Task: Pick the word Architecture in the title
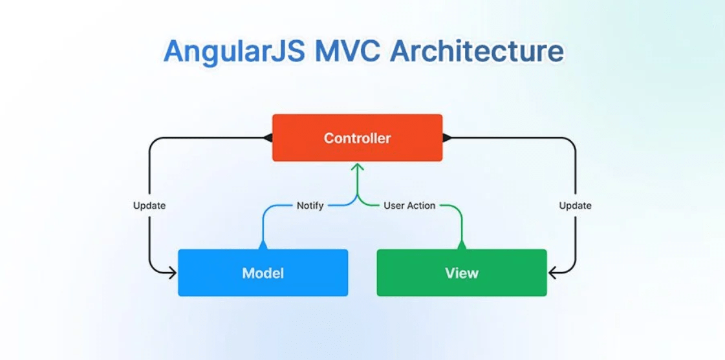click(478, 52)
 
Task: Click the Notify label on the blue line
click(310, 206)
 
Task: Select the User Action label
click(409, 206)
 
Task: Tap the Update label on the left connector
click(149, 206)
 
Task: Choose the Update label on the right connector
click(575, 206)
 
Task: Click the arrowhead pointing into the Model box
click(171, 273)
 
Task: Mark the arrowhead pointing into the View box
click(553, 273)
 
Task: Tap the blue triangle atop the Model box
click(263, 245)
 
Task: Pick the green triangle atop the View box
click(462, 245)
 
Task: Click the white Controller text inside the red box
click(357, 138)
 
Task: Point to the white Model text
click(263, 273)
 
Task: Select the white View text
click(462, 273)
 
